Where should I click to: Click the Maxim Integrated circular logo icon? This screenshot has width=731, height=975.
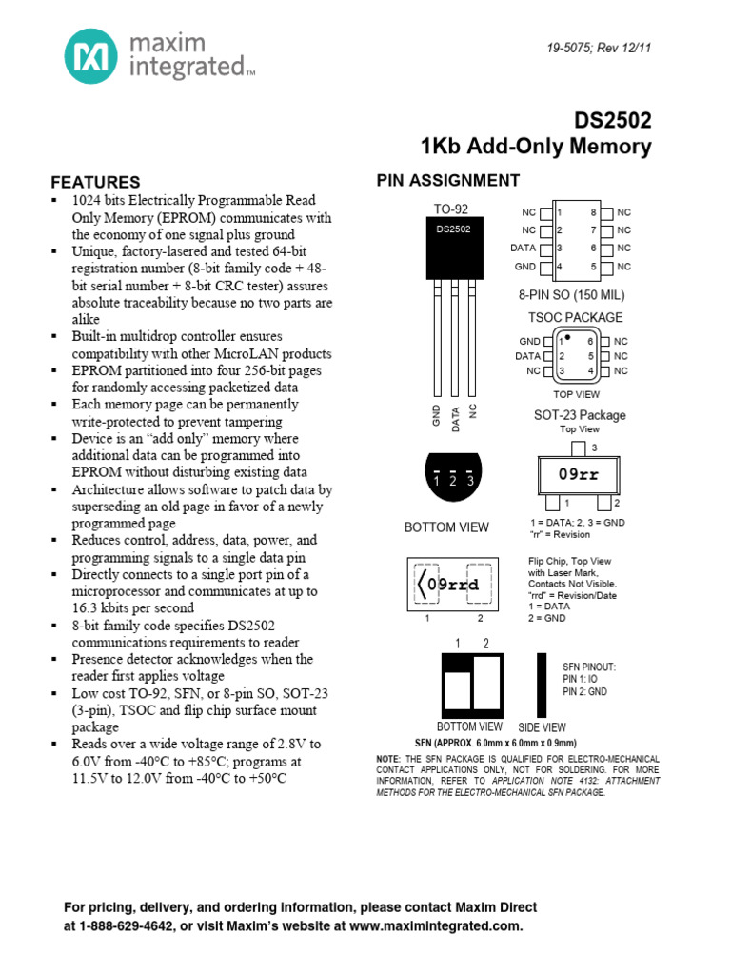click(91, 55)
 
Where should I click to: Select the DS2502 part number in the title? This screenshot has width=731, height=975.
click(613, 121)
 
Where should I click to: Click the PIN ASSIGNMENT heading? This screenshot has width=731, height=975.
click(448, 181)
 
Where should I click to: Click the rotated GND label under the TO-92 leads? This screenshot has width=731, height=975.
click(437, 414)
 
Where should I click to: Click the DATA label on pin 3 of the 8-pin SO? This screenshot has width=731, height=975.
click(524, 248)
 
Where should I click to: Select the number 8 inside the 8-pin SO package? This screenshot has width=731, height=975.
click(593, 212)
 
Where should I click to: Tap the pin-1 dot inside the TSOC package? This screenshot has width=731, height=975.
click(568, 337)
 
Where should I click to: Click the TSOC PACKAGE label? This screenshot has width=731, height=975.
click(576, 317)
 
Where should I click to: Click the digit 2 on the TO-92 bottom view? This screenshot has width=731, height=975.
click(453, 481)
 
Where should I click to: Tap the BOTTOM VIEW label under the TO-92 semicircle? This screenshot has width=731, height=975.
click(446, 527)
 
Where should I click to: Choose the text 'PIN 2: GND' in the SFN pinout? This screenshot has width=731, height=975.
click(584, 692)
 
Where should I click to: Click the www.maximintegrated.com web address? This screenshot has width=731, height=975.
click(434, 925)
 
